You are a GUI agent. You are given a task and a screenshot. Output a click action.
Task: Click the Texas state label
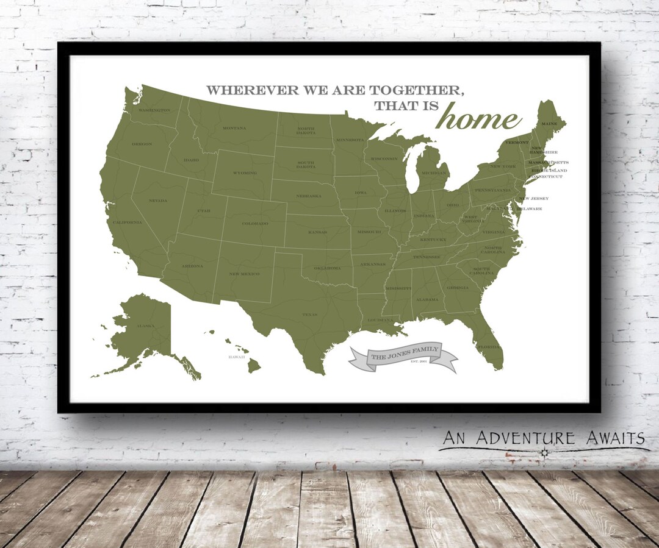[309, 315]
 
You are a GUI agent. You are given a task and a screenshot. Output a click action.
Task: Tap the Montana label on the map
[234, 128]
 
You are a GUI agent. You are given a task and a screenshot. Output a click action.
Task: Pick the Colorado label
[255, 224]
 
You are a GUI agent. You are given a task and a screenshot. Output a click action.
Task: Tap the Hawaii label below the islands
[237, 357]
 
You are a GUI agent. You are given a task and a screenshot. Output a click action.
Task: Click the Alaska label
[145, 326]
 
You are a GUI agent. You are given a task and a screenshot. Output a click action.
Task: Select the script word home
[478, 118]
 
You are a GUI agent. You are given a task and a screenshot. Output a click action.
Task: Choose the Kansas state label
[317, 232]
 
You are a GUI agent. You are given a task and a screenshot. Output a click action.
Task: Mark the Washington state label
[154, 110]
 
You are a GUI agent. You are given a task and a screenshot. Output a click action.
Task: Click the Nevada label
[158, 201]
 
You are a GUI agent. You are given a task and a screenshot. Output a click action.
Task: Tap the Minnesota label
[349, 140]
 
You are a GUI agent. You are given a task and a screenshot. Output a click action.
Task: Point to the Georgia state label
[458, 288]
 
